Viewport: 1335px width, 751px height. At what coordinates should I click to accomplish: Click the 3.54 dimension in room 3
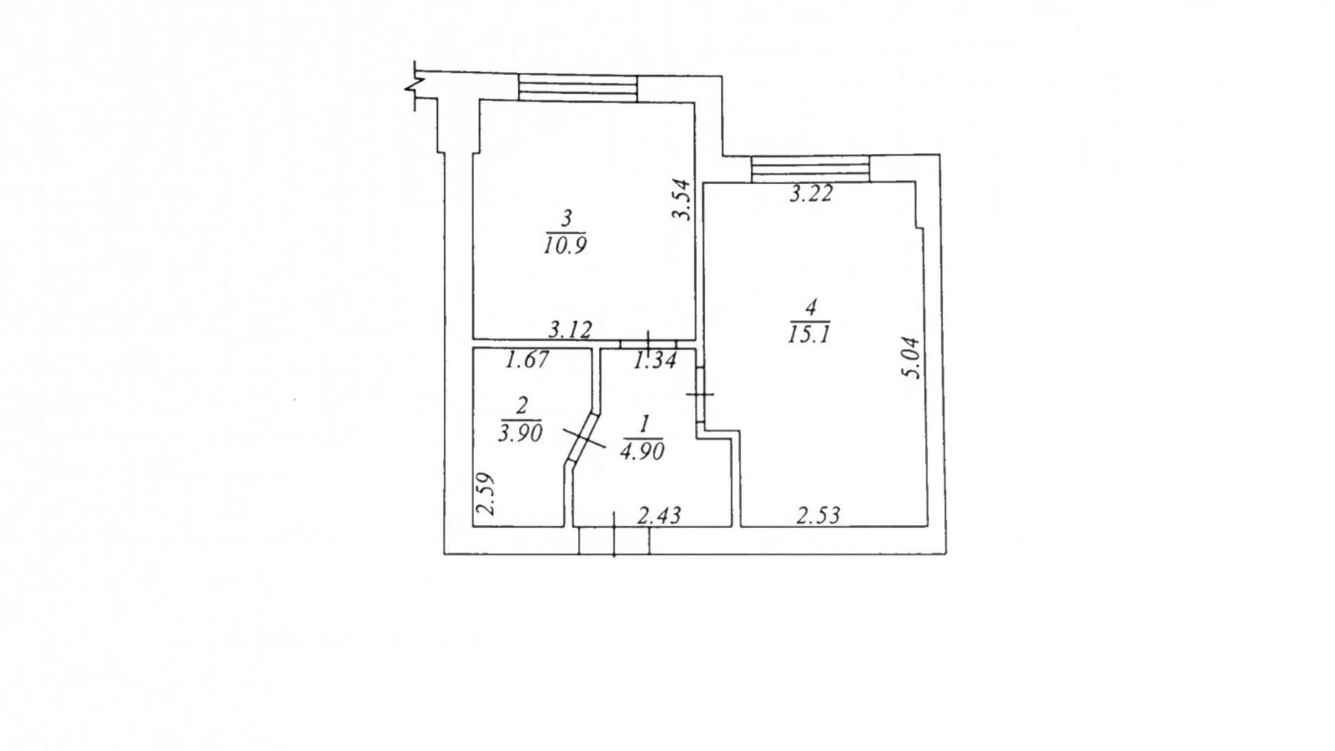point(682,199)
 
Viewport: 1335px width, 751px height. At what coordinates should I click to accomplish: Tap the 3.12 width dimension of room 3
point(570,330)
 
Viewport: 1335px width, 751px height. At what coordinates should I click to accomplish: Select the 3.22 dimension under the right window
point(810,193)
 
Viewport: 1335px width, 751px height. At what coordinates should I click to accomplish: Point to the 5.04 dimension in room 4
point(911,357)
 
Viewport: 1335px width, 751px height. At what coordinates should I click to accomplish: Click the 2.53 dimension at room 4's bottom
point(819,515)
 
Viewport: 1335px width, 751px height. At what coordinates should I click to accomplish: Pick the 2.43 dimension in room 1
point(660,515)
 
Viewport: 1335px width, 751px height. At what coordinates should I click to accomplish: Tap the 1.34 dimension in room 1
point(655,360)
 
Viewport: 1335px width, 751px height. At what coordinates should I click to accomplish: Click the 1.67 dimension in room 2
point(528,360)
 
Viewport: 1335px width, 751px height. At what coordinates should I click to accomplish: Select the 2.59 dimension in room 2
point(488,493)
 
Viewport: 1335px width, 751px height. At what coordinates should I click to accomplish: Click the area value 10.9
point(566,246)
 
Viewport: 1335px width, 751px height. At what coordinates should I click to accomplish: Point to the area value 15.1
point(810,334)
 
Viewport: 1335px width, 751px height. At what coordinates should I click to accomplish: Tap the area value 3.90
point(520,433)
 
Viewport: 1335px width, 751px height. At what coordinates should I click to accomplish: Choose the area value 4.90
point(642,451)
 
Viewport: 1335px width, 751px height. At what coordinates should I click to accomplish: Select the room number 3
point(566,217)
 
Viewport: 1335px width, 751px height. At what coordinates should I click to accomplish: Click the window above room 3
point(578,89)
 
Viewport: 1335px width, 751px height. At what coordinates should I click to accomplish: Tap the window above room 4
point(810,169)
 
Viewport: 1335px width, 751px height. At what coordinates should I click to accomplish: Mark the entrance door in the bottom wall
point(614,540)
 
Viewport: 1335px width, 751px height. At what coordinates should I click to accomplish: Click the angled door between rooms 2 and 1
point(584,438)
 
